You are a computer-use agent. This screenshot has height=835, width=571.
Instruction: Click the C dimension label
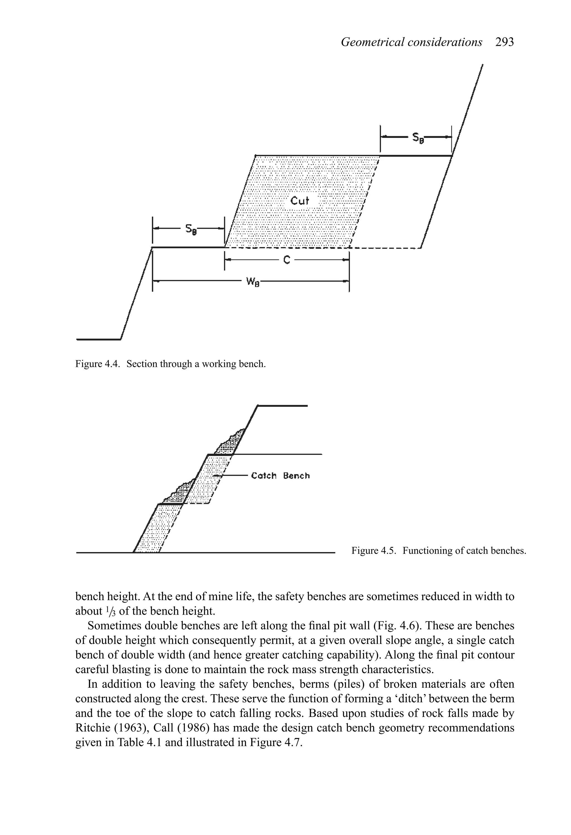[287, 260]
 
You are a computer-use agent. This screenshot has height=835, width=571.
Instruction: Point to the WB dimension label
[253, 281]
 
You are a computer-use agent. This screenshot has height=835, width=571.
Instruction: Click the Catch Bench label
[280, 476]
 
